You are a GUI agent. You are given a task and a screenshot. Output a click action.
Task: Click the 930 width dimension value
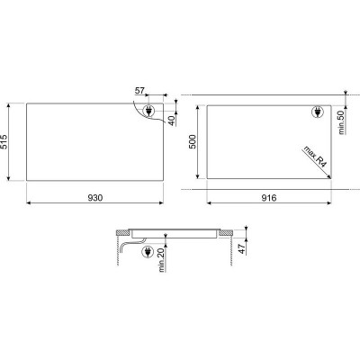(x=95, y=198)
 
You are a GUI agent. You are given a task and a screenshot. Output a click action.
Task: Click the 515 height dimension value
(x=5, y=142)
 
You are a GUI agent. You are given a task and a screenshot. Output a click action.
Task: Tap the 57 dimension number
(x=139, y=91)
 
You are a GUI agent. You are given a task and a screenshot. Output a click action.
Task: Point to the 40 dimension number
(x=171, y=121)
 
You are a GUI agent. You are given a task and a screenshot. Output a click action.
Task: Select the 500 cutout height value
(x=193, y=141)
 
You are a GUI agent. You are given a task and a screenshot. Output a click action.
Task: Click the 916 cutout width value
(x=269, y=198)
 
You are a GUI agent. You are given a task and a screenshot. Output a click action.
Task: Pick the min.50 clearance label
(x=342, y=122)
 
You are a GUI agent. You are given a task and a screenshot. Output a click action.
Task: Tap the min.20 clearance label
(x=162, y=260)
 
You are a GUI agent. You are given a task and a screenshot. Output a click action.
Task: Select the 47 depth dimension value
(x=242, y=249)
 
